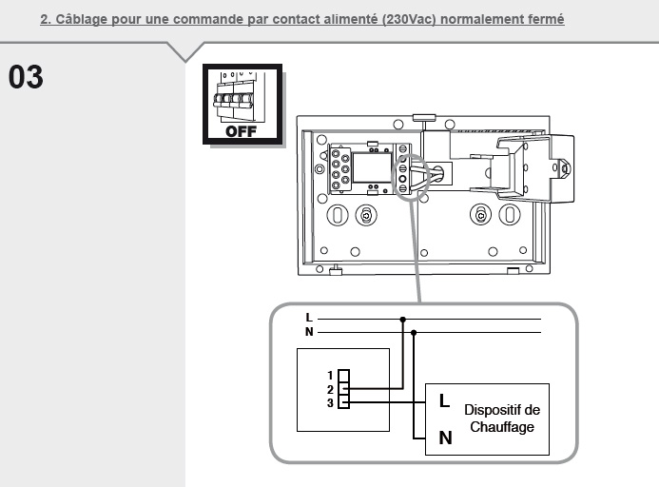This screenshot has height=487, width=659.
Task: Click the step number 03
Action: (27, 77)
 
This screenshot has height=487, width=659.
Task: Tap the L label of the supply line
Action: (308, 318)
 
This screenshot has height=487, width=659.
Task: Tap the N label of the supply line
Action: (308, 332)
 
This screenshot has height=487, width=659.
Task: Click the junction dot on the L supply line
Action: (403, 320)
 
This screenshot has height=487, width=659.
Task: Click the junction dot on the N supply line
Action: (414, 333)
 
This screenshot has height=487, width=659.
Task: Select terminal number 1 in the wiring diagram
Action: (330, 377)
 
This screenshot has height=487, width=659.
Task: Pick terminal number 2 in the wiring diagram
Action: (330, 389)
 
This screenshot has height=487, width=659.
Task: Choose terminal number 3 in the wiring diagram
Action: (330, 402)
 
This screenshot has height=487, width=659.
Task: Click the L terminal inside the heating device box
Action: (444, 401)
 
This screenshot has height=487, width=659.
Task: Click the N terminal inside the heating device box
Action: (444, 438)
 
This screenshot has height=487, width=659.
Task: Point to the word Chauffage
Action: (502, 427)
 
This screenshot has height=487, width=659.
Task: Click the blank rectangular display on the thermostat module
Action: (366, 170)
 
